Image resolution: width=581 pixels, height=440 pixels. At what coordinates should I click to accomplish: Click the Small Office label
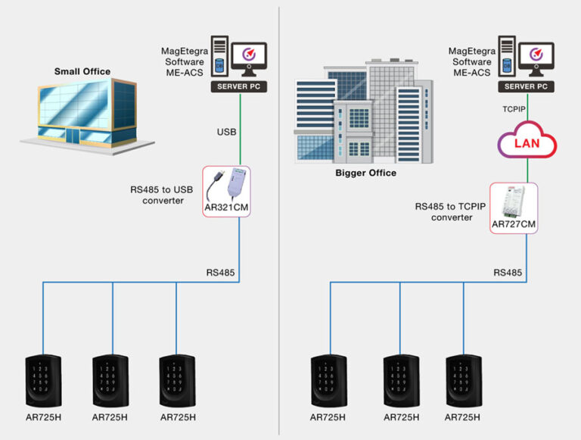click(82, 72)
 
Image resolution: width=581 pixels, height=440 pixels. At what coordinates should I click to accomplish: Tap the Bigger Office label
click(365, 173)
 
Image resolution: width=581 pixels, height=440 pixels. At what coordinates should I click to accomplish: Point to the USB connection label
click(226, 133)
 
